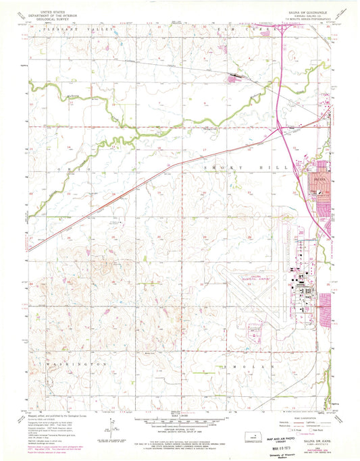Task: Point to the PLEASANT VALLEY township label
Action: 71,31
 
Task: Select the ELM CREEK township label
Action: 247,31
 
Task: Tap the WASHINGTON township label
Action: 78,364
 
